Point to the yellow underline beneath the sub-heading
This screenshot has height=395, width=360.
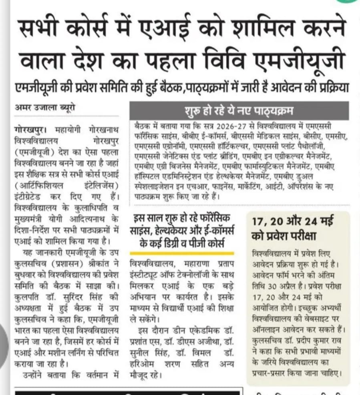[x=182, y=253]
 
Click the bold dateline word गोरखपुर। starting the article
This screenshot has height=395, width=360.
[x=29, y=131]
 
